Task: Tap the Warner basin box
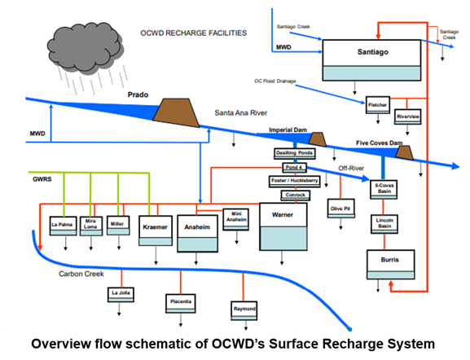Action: pos(281,226)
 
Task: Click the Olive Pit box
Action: pos(339,209)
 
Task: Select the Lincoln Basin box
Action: pos(385,225)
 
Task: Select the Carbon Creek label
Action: pos(80,274)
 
